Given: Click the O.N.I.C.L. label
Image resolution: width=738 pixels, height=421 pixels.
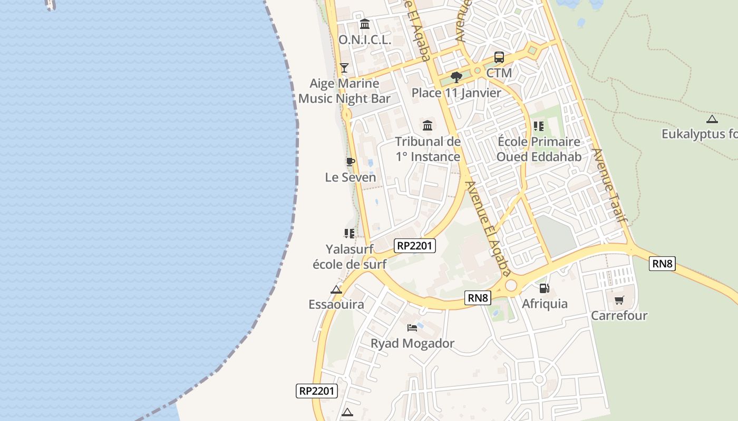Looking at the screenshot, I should tap(365, 39).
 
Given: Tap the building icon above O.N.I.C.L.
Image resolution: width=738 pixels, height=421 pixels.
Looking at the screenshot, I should tap(365, 24).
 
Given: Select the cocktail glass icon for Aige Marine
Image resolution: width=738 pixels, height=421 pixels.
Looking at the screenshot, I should tap(344, 67).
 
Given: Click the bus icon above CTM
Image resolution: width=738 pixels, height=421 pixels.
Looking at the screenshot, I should tap(499, 57).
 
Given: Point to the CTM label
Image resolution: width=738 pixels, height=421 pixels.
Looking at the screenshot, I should tap(499, 73).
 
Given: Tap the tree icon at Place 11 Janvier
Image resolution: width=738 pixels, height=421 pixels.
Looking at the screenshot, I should tap(457, 78).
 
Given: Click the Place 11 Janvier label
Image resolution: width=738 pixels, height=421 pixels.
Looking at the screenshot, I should tap(457, 93).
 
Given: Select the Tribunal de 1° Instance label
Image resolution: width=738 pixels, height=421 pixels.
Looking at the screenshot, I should tap(428, 149).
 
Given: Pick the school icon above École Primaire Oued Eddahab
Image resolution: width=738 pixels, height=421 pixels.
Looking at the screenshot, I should tap(538, 126).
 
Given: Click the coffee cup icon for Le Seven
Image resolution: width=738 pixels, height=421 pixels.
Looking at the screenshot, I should tap(350, 162).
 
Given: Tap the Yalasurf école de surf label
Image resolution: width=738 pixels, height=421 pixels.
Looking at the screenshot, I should tap(349, 256).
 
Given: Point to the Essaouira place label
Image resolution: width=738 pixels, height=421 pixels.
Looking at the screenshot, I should tap(336, 304).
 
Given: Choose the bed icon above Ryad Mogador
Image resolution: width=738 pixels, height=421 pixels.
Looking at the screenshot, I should tap(412, 328).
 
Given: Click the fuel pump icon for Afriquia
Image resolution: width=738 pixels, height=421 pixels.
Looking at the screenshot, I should tap(545, 288).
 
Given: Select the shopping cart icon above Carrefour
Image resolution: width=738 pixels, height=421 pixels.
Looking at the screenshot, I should tap(619, 300).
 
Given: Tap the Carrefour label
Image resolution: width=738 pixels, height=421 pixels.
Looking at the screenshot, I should tap(619, 316).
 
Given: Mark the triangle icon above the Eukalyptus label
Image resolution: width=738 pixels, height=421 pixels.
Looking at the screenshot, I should tap(712, 119).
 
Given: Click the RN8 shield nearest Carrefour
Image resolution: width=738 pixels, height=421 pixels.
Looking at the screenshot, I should tap(662, 264).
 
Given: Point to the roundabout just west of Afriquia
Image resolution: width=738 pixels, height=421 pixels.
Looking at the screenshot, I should tap(511, 285).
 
